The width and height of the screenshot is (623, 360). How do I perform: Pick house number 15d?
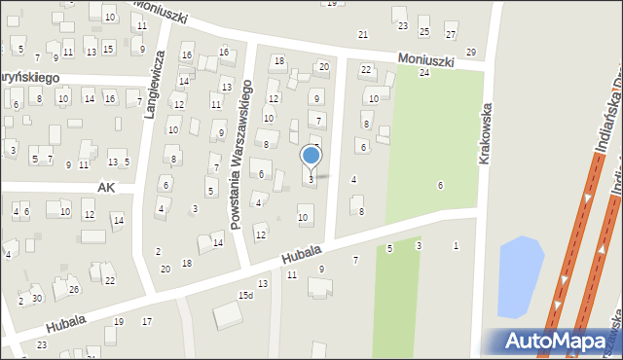245,295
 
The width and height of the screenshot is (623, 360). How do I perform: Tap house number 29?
471,52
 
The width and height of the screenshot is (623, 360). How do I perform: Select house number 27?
450,34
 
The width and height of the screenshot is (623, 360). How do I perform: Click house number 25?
423,32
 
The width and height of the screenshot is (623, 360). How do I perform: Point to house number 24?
423,73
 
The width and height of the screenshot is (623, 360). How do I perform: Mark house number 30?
37,298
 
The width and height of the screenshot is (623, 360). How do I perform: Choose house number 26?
73,289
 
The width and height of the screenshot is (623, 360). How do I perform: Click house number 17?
147,321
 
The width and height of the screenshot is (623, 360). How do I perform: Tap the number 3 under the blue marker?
311,179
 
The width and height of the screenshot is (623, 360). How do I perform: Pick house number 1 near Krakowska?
456,245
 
